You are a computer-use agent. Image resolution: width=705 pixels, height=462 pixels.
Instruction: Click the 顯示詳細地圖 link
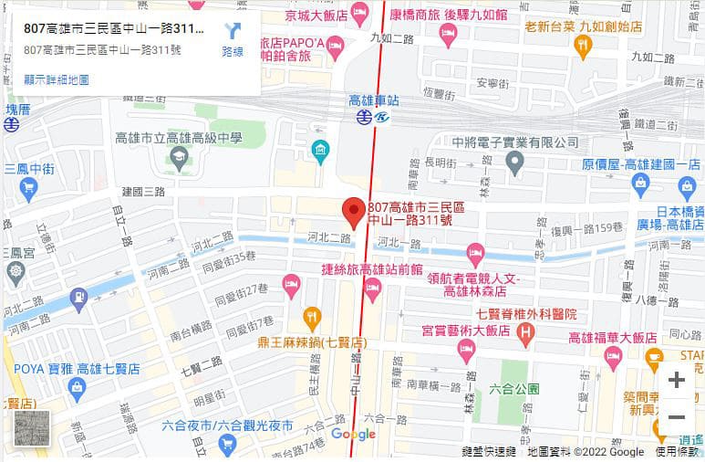click(57, 79)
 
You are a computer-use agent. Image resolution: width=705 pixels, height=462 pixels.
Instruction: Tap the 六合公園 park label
click(522, 387)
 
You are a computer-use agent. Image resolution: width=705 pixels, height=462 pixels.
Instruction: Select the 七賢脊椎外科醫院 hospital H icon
click(524, 334)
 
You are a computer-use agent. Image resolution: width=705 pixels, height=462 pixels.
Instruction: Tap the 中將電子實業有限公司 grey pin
click(514, 164)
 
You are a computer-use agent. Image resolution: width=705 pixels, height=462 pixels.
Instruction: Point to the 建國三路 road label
click(143, 192)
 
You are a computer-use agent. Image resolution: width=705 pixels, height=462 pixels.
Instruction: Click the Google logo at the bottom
click(354, 435)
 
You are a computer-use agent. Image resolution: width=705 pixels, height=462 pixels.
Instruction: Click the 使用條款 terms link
click(677, 452)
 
